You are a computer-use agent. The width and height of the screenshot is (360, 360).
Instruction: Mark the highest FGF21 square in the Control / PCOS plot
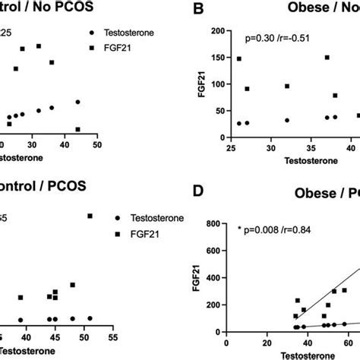[x=90, y=216]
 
